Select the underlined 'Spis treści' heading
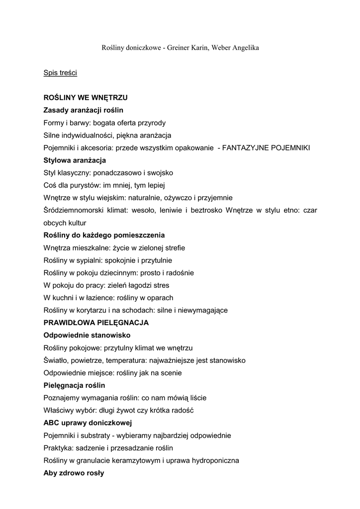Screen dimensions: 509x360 [x=60, y=73]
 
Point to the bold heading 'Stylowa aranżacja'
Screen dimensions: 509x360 [x=75, y=160]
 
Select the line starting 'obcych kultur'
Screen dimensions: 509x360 [x=65, y=223]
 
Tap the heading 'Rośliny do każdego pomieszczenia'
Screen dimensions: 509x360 [x=104, y=235]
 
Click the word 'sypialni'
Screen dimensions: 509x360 [x=90, y=260]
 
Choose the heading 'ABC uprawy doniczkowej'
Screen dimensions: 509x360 [x=87, y=423]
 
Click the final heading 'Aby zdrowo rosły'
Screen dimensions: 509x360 [x=74, y=473]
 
